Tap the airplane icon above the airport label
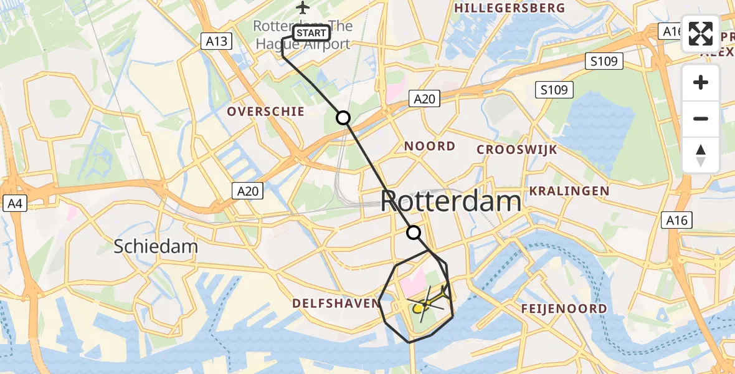coord(303,7)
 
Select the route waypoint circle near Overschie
coord(343,117)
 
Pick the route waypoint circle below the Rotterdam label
coord(414,233)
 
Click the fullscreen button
coord(701,34)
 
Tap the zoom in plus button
coord(701,83)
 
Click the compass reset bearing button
coord(701,155)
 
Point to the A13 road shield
coord(216,42)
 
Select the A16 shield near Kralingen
coord(676,219)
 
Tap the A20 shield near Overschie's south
coord(247,191)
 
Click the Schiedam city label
coord(156,247)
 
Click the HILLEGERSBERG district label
coord(510,8)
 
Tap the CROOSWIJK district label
coord(517,150)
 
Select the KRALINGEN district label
coord(569,191)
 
